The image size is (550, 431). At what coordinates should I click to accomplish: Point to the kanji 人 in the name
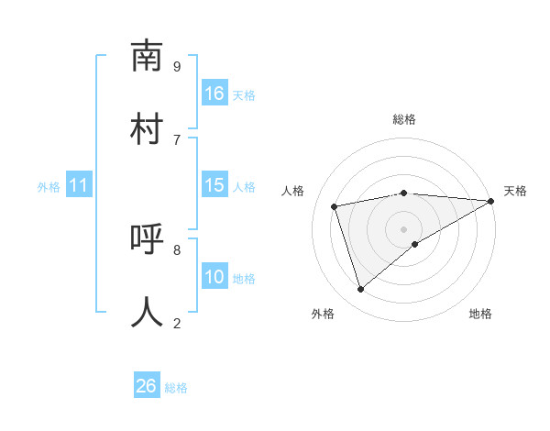pos(148,312)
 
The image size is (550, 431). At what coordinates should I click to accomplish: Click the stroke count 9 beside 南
pos(177,66)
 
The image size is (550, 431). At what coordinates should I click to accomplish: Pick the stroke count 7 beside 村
pos(177,139)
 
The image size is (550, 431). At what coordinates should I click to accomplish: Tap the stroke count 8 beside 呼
pos(177,249)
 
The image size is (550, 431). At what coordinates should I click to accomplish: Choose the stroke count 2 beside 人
pos(177,323)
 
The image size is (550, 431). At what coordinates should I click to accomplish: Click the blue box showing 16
pos(214,94)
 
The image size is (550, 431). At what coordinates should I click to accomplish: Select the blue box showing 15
pos(214,185)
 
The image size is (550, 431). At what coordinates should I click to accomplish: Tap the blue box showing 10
pos(214,277)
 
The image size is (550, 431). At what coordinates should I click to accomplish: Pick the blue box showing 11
pos(79,185)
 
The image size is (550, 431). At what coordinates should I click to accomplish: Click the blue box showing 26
pos(147,386)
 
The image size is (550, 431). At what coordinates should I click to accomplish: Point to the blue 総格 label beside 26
pos(176,388)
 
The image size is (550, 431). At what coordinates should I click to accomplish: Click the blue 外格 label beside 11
pos(49,187)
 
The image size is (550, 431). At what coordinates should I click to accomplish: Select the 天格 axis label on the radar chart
pos(515,191)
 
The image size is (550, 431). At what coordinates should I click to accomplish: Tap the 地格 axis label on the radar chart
pos(480,314)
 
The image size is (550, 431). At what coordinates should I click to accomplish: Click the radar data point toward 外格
pos(360,290)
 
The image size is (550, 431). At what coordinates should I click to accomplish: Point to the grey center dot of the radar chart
pos(403,229)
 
